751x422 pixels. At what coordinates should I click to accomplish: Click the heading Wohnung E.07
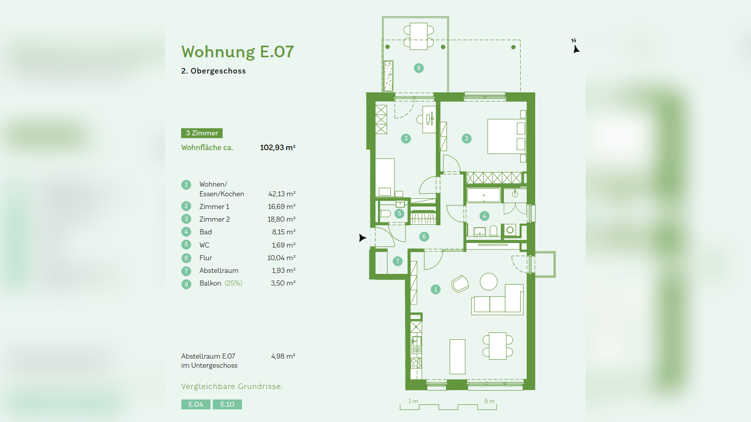click(237, 52)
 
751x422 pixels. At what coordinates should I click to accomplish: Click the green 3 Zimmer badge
click(201, 133)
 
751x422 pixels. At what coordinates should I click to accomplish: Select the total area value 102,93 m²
click(277, 148)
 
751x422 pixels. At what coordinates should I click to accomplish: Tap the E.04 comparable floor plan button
click(195, 404)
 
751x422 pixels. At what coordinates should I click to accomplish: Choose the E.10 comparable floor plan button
click(227, 404)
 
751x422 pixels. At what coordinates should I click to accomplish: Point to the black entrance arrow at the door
click(362, 237)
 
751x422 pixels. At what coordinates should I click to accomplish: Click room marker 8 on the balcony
click(419, 68)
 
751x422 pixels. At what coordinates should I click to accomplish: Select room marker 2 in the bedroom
click(467, 138)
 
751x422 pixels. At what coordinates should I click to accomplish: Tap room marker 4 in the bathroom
click(484, 216)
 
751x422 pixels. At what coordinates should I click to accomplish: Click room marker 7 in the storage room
click(397, 261)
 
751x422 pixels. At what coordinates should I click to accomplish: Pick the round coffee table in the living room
click(489, 282)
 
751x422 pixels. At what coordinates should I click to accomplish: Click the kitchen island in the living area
click(457, 357)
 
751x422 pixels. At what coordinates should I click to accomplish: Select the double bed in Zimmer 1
click(506, 136)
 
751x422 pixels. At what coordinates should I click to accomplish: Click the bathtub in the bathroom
click(484, 195)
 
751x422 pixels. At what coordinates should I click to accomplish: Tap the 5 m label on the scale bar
click(489, 401)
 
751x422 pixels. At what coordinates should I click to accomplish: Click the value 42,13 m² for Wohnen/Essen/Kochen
click(282, 194)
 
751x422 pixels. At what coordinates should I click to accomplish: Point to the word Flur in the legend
click(206, 258)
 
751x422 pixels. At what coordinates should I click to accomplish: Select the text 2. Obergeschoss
click(214, 71)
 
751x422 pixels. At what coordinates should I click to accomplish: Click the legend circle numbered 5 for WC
click(186, 245)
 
